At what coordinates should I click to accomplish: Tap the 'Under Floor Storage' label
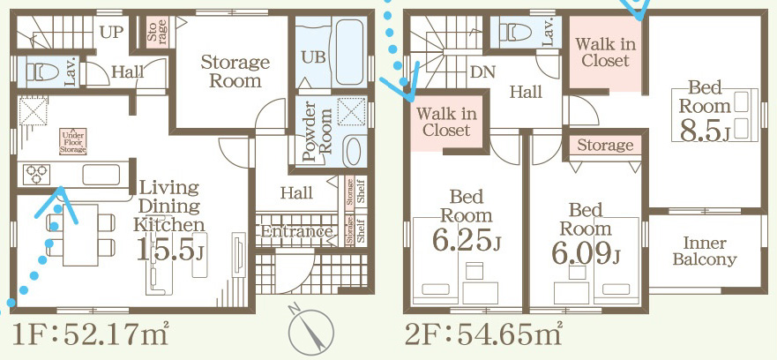tap(72, 140)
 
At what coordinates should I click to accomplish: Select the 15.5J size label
tap(171, 250)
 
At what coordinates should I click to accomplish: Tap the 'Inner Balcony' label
tap(705, 251)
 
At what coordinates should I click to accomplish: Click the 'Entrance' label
tap(296, 232)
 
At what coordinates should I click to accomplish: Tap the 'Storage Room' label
tap(235, 71)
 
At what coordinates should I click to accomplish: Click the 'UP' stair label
tap(111, 33)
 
